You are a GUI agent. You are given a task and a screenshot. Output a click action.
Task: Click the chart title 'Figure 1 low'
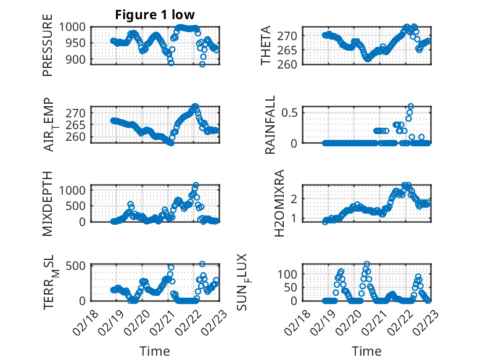[155, 15]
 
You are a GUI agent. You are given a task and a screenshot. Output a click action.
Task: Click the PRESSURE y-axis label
[48, 50]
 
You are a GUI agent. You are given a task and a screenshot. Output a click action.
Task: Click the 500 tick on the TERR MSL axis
[79, 266]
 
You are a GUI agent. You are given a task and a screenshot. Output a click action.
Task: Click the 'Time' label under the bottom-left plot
[155, 351]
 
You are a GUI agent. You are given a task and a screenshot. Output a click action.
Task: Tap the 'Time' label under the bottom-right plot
[366, 351]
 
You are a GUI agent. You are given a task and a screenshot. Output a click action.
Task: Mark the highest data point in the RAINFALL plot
[411, 106]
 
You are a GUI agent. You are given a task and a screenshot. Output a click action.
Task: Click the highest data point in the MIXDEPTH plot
[196, 185]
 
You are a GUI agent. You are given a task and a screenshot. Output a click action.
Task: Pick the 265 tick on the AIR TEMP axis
[79, 125]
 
